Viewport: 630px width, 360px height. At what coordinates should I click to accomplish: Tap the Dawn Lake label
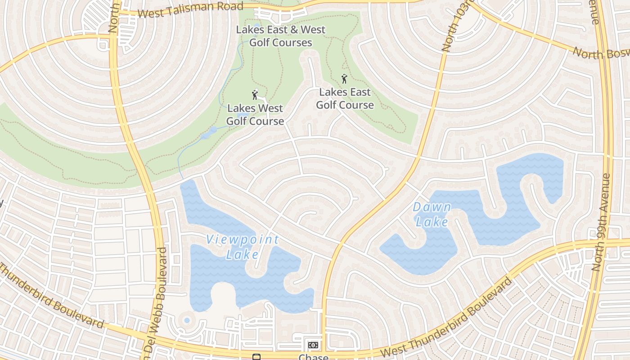432,214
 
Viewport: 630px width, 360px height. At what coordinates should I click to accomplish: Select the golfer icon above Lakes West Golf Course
255,94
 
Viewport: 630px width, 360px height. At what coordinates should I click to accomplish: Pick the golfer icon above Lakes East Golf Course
344,79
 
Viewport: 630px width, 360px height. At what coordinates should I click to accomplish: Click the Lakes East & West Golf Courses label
281,36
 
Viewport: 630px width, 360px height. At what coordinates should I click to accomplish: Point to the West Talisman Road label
190,9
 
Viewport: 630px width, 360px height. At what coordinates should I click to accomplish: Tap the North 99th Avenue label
602,222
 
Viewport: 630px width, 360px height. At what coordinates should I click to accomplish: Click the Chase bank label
313,357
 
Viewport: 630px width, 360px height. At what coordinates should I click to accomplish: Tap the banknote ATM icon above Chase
313,345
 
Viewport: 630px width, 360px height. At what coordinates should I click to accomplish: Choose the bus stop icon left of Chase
256,357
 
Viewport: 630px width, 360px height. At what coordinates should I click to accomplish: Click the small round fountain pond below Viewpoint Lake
187,320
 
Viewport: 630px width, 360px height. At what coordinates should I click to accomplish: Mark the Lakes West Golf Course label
255,115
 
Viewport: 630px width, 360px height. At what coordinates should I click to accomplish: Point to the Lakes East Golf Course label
345,99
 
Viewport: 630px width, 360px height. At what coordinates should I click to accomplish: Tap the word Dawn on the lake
432,207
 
